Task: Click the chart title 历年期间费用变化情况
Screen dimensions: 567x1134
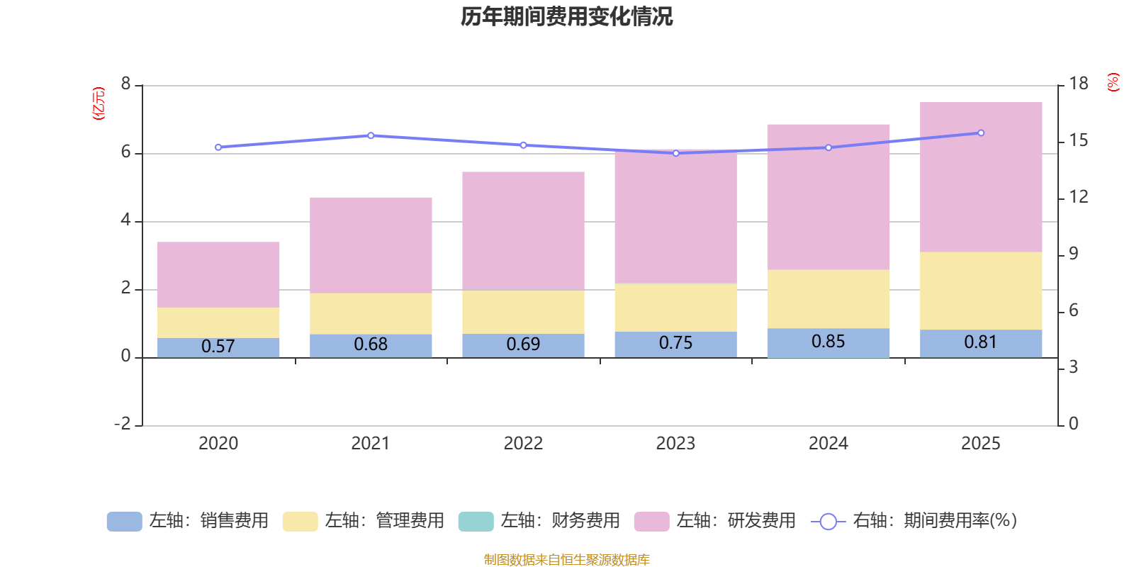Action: tap(566, 16)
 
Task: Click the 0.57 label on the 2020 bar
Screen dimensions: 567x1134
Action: tap(218, 347)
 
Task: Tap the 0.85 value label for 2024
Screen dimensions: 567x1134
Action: tap(828, 342)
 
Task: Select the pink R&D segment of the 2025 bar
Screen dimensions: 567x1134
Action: tap(981, 177)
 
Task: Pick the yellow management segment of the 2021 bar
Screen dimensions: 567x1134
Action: tap(371, 313)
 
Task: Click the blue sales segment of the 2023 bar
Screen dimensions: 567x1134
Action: tap(675, 344)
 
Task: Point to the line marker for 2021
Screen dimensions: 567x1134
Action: tap(371, 135)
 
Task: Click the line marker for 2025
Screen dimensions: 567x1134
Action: tap(981, 133)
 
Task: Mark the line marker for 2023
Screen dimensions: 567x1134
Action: tap(675, 153)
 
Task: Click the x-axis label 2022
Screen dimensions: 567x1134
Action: tap(523, 444)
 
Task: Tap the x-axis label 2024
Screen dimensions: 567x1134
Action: tap(828, 444)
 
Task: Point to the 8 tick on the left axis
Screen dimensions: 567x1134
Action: tap(126, 84)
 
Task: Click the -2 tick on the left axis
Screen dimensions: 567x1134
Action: tap(123, 424)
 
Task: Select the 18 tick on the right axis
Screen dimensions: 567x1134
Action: tap(1079, 84)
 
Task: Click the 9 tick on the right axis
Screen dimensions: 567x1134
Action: tap(1073, 254)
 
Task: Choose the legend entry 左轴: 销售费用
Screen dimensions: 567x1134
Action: tap(188, 521)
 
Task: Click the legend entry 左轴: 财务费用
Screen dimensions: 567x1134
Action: tap(539, 521)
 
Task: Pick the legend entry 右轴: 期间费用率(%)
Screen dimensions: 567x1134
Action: tap(914, 521)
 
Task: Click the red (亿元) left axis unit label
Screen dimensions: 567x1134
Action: tap(99, 104)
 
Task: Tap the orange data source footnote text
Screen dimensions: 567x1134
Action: tap(566, 560)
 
